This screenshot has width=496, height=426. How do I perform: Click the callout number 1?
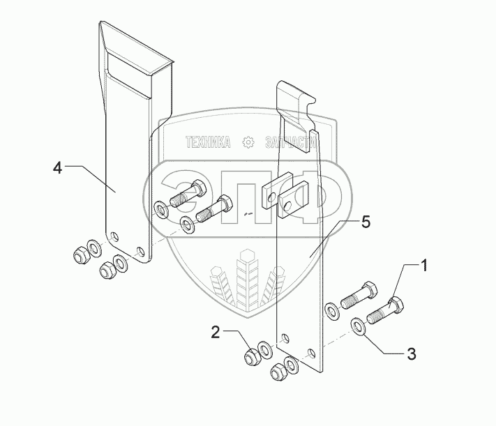[x=424, y=266]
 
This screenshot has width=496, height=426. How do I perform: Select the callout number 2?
[x=216, y=334]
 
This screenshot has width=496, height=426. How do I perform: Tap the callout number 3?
[x=411, y=353]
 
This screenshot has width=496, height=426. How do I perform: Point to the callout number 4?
[x=59, y=167]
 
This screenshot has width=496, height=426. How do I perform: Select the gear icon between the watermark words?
[x=248, y=143]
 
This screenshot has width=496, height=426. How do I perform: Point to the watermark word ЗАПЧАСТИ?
[x=290, y=144]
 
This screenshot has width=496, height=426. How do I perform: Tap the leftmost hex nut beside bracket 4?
[x=78, y=254]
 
